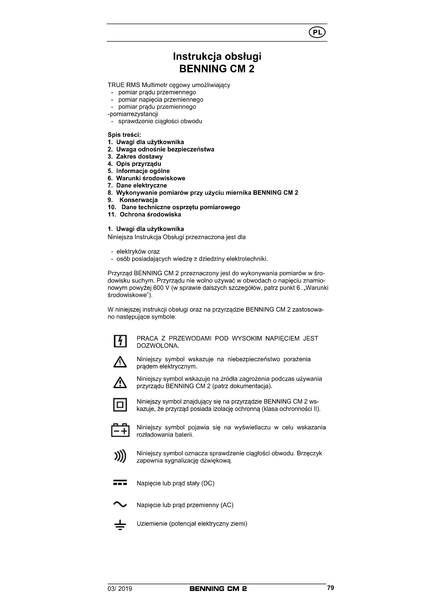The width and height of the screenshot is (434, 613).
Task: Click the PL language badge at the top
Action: [x=317, y=32]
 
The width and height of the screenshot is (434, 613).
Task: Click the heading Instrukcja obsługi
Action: [x=217, y=56]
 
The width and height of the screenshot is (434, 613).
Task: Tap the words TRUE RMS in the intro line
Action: [x=124, y=85]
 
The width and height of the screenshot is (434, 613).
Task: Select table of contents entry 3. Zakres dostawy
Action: [x=135, y=156]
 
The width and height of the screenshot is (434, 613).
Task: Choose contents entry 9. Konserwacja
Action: [x=133, y=200]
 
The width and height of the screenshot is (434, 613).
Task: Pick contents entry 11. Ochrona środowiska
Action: [x=144, y=214]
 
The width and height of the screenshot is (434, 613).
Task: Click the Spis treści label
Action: [x=124, y=135]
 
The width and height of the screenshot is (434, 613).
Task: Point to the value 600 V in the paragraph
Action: [x=160, y=288]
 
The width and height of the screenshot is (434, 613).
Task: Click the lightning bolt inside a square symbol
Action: [x=120, y=341]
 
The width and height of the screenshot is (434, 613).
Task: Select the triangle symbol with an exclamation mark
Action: [x=120, y=383]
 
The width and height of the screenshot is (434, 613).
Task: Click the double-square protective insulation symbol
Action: [x=120, y=405]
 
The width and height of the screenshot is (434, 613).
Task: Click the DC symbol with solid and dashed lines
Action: [x=120, y=483]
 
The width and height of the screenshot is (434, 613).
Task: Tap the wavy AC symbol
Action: [x=120, y=504]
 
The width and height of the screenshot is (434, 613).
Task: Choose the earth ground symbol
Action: [x=120, y=525]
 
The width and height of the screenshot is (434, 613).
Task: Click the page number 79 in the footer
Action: [x=330, y=588]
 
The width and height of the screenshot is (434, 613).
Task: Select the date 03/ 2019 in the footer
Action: [x=120, y=589]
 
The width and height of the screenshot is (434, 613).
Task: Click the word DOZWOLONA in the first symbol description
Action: [x=158, y=346]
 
